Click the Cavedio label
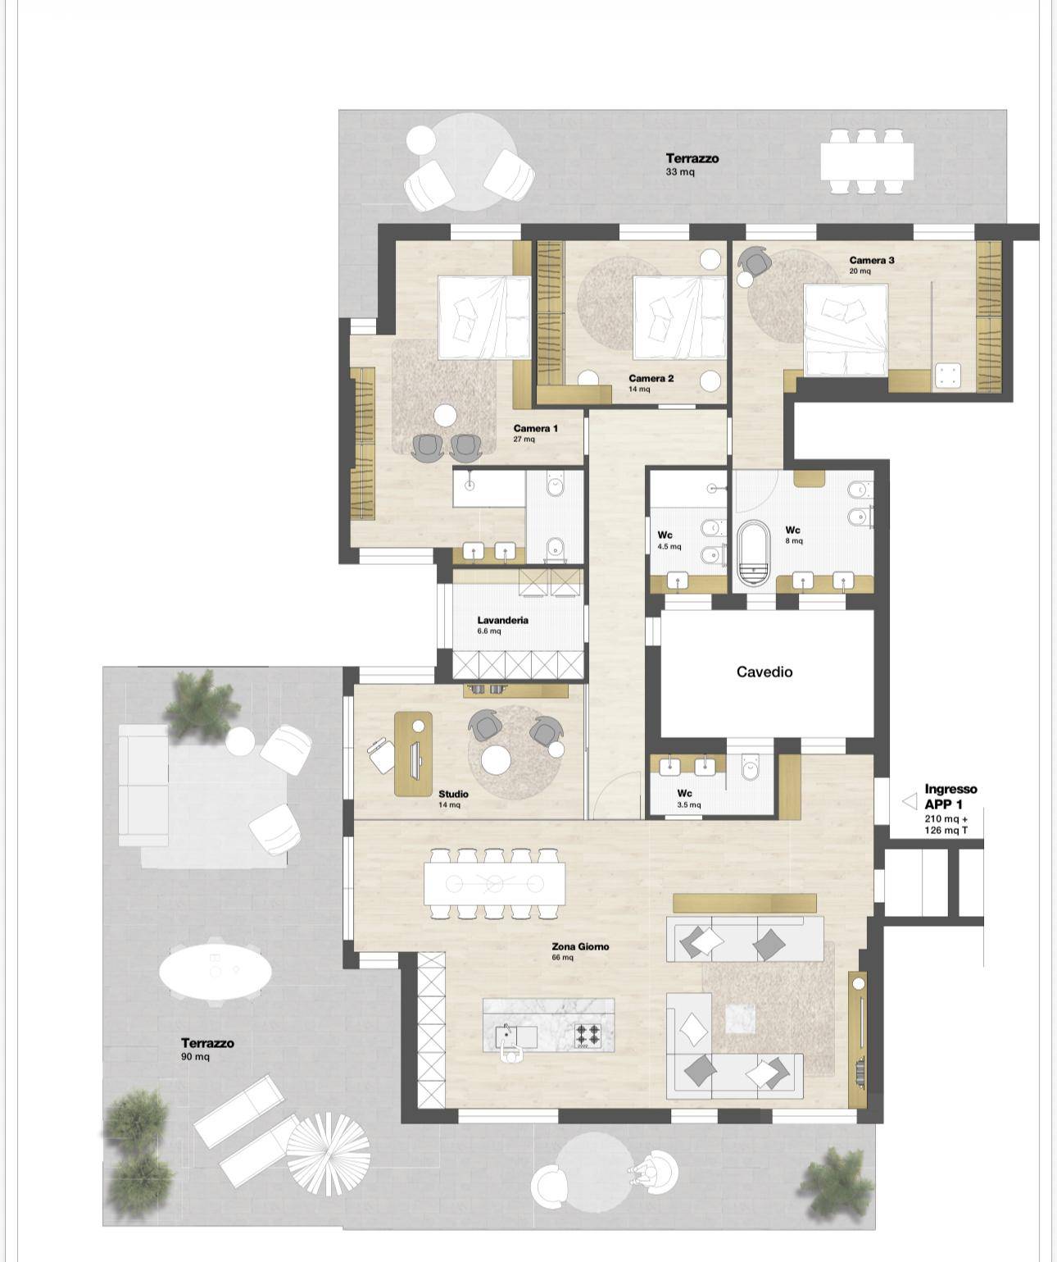[764, 672]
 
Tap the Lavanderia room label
[502, 620]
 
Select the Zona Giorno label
[580, 946]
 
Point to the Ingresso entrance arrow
[910, 802]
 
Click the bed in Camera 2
[679, 317]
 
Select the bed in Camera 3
[845, 329]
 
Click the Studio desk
[413, 753]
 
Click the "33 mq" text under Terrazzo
[680, 171]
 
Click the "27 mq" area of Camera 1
[524, 440]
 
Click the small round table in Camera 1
[446, 415]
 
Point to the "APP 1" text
[943, 804]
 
